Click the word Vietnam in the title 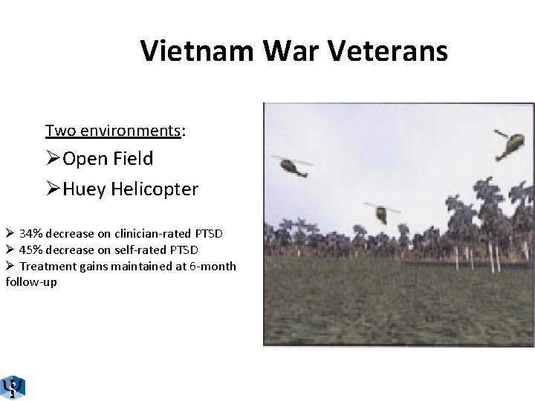point(194,51)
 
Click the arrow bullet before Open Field point(53,159)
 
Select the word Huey point(85,190)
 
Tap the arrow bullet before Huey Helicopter point(53,190)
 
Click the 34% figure point(32,233)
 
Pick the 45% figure point(32,250)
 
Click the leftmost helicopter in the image point(291,166)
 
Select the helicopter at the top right point(507,144)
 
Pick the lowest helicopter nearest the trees point(380,212)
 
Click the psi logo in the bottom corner point(13,386)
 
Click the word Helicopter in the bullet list point(155,190)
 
